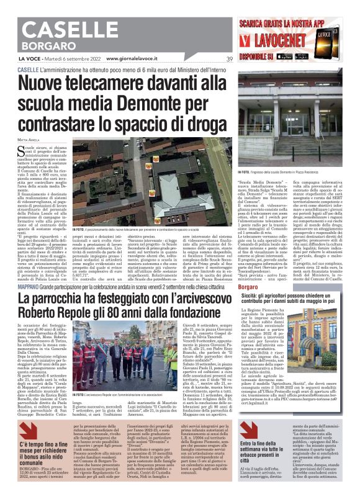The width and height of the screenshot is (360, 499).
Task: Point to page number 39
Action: pos(229,60)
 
